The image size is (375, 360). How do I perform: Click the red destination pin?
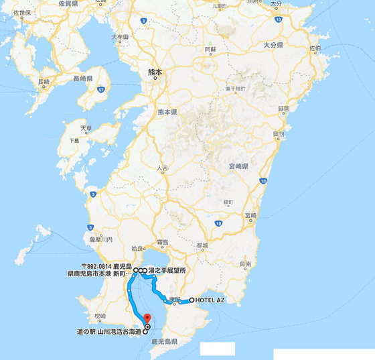(147, 318)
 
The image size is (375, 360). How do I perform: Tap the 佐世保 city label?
(21, 13)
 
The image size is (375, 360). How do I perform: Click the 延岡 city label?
(283, 108)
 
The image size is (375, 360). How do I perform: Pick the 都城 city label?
(202, 245)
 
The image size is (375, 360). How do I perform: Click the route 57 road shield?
(100, 88)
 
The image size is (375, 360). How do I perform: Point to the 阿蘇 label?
(210, 50)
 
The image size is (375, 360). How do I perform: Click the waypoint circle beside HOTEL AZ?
(192, 300)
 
